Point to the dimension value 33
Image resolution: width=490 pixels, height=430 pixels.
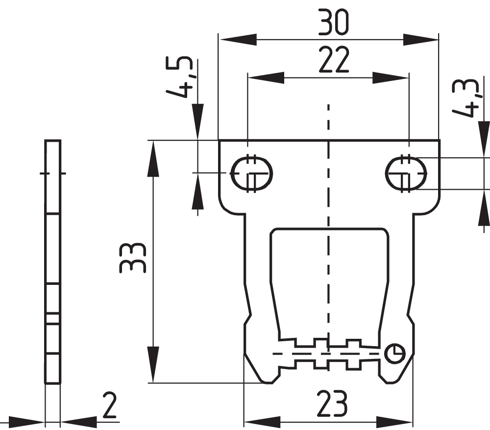pos(133,257)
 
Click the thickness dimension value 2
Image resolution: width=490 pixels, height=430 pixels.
pos(110,405)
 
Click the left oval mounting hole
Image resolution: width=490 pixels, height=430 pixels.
pos(251,174)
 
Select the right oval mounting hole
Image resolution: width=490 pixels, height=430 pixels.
pos(406,174)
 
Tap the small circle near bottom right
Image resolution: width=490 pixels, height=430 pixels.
pos(394,353)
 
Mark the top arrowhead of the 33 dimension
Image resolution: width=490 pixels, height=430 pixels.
pos(153,159)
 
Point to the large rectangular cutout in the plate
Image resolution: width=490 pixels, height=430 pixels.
pos(329,279)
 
